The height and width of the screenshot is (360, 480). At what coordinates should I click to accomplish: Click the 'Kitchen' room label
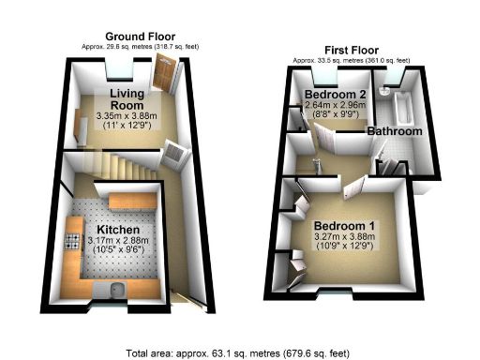tap(118, 229)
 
